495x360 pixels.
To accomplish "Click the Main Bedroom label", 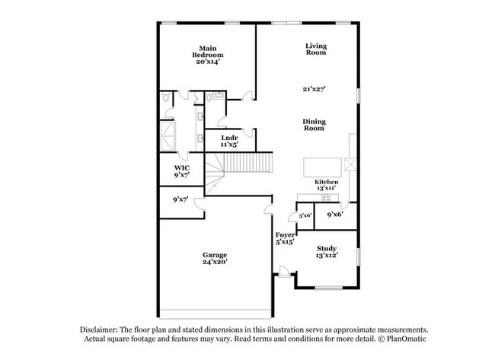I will pos(207,52).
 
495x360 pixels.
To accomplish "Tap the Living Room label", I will pos(315,49).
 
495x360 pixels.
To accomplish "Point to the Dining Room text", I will pos(314,124).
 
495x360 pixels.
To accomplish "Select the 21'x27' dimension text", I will pos(314,89).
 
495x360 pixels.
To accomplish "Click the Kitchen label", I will pos(327,183).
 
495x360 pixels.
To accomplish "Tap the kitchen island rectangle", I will pos(322,167).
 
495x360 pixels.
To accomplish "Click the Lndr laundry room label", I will pos(229,138).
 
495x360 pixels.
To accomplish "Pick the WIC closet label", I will pos(181,167).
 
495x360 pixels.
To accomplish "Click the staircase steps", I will pos(248,163).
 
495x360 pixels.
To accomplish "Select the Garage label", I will pos(214,254).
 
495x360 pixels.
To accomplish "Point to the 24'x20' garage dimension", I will pos(214,262).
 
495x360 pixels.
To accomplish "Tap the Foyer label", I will pos(285,235).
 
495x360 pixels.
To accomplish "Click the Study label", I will pos(327,248).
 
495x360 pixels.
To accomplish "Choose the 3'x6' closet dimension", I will pos(305,215).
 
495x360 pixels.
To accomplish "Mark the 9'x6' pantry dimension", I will pos(335,215).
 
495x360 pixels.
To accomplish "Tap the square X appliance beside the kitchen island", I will pos(350,165).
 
